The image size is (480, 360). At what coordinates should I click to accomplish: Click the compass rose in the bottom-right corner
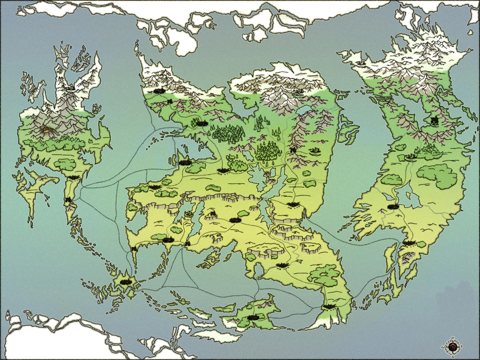click(x=453, y=346)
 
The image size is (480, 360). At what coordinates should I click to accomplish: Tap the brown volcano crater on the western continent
click(x=47, y=129)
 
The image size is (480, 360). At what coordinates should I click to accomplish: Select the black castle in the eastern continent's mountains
click(x=435, y=121)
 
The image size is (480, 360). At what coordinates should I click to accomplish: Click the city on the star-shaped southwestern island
click(x=125, y=282)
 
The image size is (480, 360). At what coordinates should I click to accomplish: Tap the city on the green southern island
click(x=254, y=317)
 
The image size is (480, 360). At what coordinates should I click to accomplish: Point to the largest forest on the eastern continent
click(x=437, y=175)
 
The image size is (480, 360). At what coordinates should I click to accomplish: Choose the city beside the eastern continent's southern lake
click(x=393, y=206)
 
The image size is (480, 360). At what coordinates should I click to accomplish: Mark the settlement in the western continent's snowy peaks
click(x=70, y=87)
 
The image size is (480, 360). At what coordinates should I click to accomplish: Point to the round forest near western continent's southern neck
click(x=65, y=164)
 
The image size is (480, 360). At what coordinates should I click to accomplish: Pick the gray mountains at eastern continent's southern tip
click(x=406, y=256)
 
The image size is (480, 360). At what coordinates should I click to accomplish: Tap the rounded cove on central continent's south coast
click(x=257, y=270)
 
